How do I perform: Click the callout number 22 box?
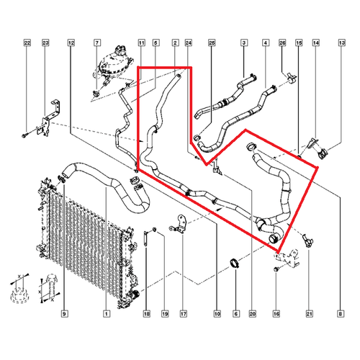pos(27,43)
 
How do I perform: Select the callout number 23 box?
pos(45,43)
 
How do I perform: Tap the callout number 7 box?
pos(97,43)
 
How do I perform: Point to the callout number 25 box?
pos(212,43)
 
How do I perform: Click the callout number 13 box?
pos(342,43)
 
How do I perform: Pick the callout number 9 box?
pos(65,313)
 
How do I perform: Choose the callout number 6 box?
pos(236,313)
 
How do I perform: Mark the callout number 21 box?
pos(310,313)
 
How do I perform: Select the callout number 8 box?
pos(341,313)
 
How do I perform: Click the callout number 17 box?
pos(184,313)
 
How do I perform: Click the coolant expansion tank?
pos(113,64)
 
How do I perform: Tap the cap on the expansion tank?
pos(121,50)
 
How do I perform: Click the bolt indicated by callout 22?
pos(24,136)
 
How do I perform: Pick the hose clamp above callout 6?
pos(234,263)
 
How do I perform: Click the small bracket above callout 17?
pos(179,225)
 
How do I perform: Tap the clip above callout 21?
pos(307,240)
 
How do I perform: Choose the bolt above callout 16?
pos(276,269)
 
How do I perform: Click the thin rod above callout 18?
pos(145,238)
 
